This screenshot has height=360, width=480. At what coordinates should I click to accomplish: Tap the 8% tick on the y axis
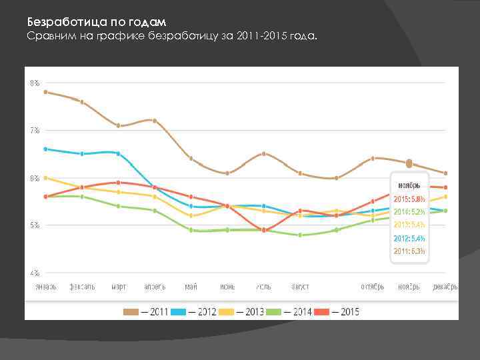pyautogui.click(x=33, y=83)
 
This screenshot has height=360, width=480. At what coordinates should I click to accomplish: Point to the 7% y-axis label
pyautogui.click(x=33, y=130)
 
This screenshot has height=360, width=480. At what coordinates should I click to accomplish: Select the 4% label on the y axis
pyautogui.click(x=33, y=273)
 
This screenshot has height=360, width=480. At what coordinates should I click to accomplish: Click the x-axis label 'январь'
pyautogui.click(x=45, y=287)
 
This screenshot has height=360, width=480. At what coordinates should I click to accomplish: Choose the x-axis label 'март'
pyautogui.click(x=119, y=287)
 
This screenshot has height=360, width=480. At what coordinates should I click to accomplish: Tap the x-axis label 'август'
pyautogui.click(x=300, y=287)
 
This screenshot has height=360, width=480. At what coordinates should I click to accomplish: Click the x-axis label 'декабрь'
pyautogui.click(x=445, y=287)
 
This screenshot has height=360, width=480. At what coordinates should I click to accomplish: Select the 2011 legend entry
pyautogui.click(x=146, y=311)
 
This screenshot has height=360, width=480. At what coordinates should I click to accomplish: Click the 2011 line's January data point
pyautogui.click(x=45, y=92)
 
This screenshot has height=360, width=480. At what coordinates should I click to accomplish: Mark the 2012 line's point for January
pyautogui.click(x=45, y=149)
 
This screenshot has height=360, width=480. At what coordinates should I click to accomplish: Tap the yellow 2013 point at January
pyautogui.click(x=45, y=178)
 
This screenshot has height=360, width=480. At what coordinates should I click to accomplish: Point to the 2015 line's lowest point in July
pyautogui.click(x=264, y=230)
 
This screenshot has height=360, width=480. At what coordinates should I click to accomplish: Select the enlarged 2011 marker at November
pyautogui.click(x=409, y=163)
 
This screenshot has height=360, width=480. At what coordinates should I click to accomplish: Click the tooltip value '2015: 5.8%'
pyautogui.click(x=409, y=199)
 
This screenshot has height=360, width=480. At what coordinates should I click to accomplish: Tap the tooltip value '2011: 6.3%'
pyautogui.click(x=409, y=251)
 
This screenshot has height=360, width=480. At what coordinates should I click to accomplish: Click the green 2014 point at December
pyautogui.click(x=445, y=211)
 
